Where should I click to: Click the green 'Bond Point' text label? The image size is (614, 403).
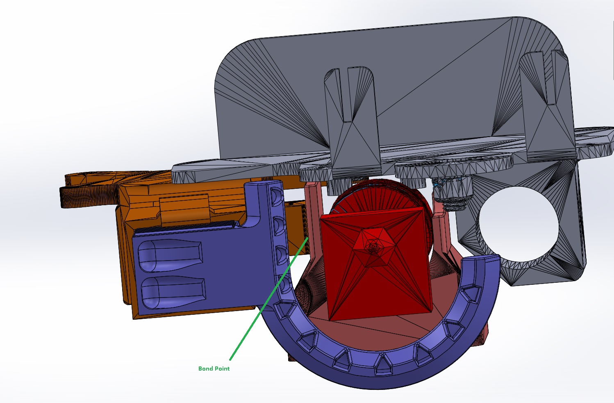pyautogui.click(x=214, y=369)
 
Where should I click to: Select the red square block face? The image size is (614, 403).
pyautogui.click(x=375, y=263)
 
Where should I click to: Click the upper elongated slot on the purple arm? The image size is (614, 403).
pyautogui.click(x=170, y=256)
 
